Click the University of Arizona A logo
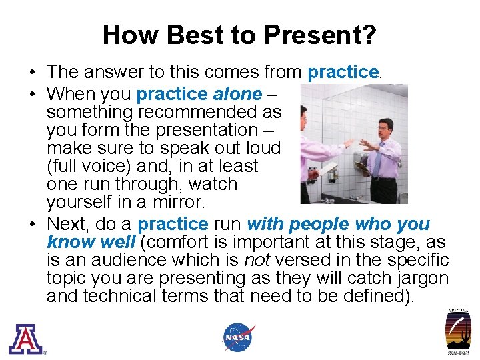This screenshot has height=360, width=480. (25, 338)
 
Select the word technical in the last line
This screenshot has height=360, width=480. (129, 296)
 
